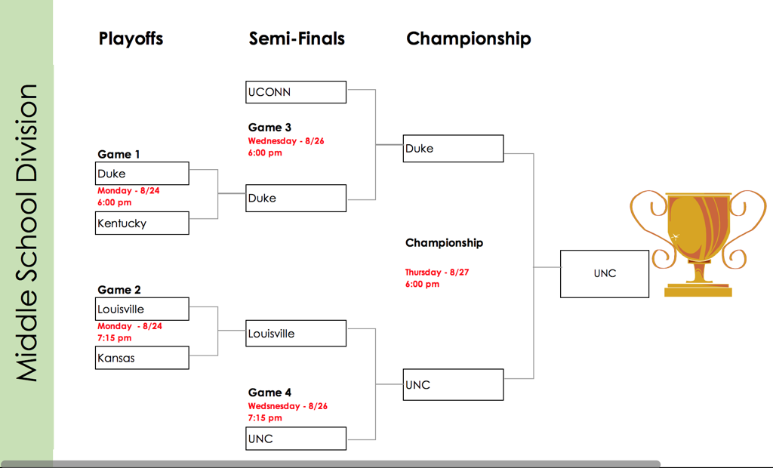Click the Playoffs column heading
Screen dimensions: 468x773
(131, 38)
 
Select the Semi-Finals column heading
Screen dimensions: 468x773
(297, 38)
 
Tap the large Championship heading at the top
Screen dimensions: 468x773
(468, 38)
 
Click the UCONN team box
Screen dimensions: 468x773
(296, 92)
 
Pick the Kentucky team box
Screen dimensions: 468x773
(143, 223)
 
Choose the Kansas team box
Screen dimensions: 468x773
(143, 358)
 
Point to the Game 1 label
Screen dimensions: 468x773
(119, 155)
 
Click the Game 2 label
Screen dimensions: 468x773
(119, 290)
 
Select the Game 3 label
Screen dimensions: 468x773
(269, 128)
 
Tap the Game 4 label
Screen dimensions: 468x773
(269, 393)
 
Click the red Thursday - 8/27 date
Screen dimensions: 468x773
(436, 272)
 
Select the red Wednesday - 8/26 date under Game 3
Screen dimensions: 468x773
(286, 141)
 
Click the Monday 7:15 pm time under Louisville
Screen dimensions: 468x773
(114, 338)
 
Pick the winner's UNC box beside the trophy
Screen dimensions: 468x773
(605, 273)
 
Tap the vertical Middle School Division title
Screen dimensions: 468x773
(27, 232)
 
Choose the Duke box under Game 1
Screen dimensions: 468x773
(143, 174)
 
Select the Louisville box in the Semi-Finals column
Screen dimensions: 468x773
(296, 334)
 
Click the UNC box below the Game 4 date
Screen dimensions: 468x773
(296, 439)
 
